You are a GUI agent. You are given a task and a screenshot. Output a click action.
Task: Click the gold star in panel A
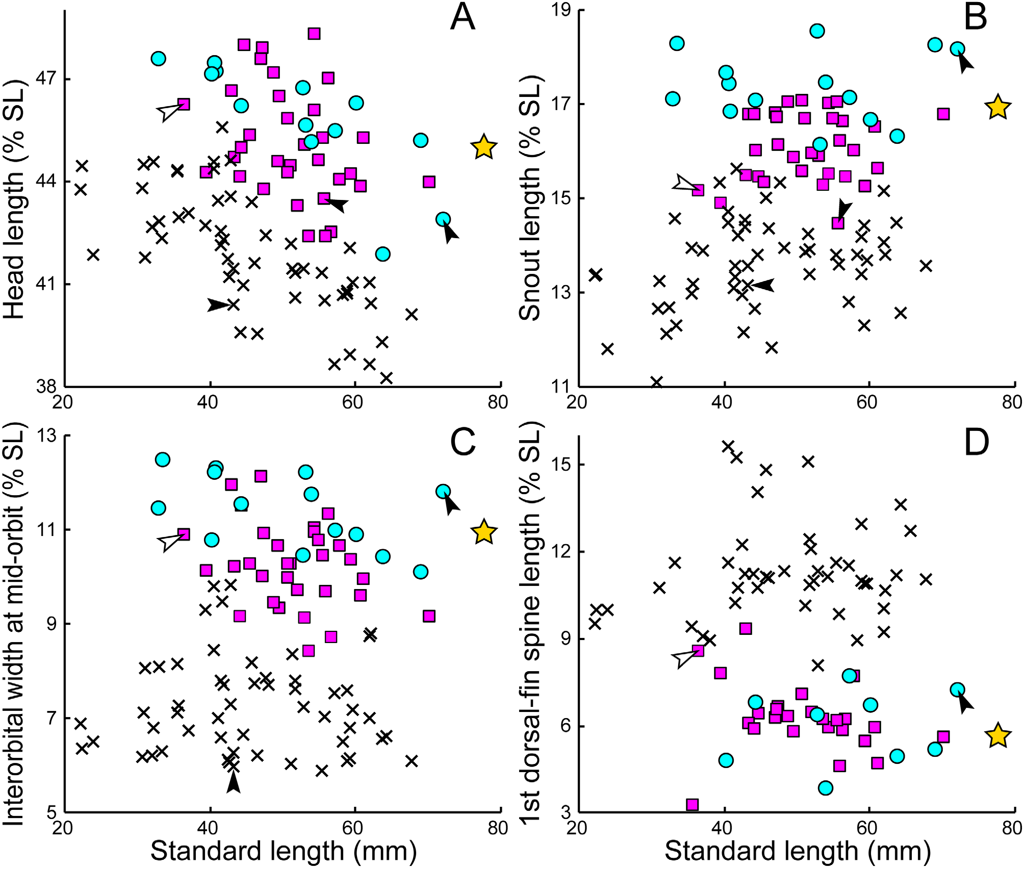click(x=483, y=147)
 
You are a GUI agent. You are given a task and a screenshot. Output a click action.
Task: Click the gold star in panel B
click(x=997, y=107)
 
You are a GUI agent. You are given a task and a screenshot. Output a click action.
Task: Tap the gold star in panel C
click(x=483, y=532)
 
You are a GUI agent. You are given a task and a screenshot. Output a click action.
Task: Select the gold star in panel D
click(x=997, y=736)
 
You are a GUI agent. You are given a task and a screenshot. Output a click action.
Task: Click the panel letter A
click(x=463, y=17)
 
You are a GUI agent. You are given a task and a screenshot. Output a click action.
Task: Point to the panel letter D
click(x=976, y=443)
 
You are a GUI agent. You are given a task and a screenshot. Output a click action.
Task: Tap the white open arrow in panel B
click(x=684, y=185)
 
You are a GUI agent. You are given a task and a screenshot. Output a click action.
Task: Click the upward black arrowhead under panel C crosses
click(x=233, y=783)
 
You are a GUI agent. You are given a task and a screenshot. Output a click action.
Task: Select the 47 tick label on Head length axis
click(x=46, y=80)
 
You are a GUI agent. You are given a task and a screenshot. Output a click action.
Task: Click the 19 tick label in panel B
click(x=560, y=10)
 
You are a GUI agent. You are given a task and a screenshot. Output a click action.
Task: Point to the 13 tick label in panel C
click(x=46, y=436)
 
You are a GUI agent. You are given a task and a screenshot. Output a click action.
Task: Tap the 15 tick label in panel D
click(x=560, y=465)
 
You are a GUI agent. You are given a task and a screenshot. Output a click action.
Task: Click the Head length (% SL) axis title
click(x=14, y=199)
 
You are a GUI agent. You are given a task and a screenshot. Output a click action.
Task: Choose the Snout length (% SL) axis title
click(x=529, y=199)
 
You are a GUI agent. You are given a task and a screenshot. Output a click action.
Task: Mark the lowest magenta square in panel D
click(x=692, y=805)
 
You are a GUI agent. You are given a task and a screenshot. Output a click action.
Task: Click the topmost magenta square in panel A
click(x=314, y=34)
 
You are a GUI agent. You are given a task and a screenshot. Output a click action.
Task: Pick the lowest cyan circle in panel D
click(x=826, y=788)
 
